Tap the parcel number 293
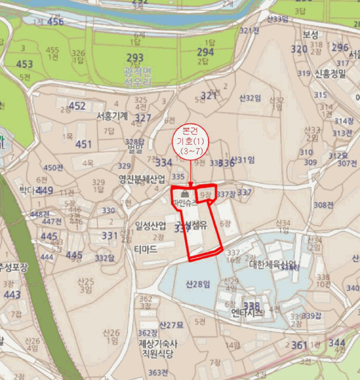(135, 58)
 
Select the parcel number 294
(205, 52)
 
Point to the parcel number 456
(55, 22)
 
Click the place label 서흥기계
(112, 116)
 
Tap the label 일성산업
(150, 225)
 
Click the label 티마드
(145, 249)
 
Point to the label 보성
(311, 34)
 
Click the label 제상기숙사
(157, 344)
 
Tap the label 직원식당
(157, 354)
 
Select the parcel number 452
(77, 106)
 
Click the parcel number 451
(84, 144)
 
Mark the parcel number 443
(11, 295)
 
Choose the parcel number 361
(299, 345)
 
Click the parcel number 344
(337, 343)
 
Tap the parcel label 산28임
(198, 284)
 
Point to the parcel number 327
(143, 118)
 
